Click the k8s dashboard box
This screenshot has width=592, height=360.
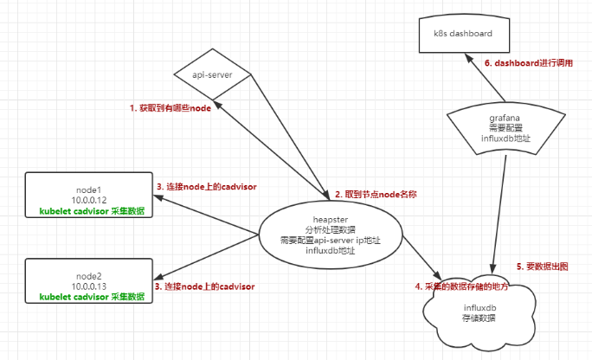point(463,34)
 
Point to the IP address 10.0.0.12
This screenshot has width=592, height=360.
point(90,201)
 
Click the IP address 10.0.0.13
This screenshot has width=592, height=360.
point(90,286)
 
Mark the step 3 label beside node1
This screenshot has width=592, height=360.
point(207,186)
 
